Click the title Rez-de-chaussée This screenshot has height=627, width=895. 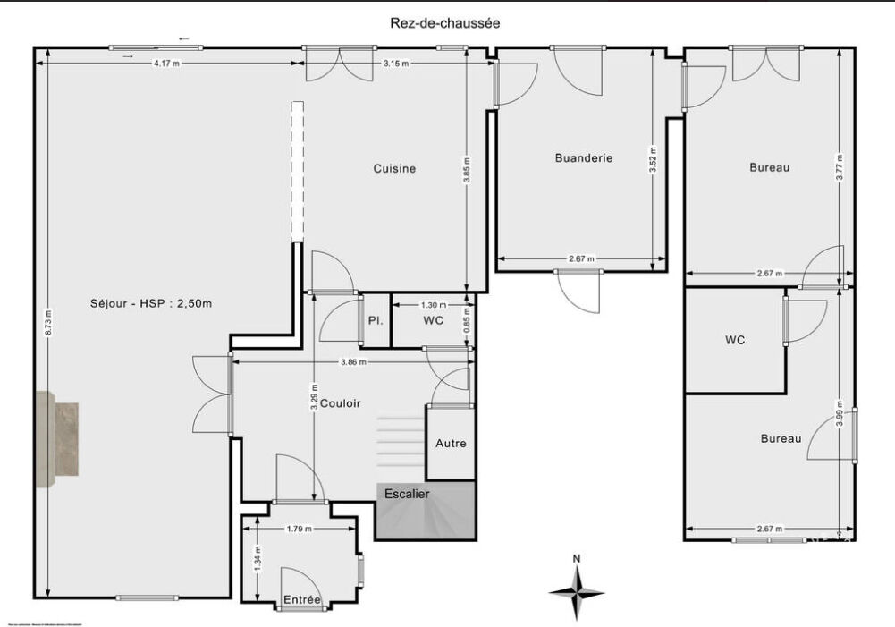[444, 24]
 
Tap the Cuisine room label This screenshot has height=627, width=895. [394, 168]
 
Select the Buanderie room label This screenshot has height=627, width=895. [584, 157]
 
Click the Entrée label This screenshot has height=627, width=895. [302, 599]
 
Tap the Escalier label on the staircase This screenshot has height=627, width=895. [407, 494]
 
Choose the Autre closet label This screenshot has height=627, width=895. [451, 443]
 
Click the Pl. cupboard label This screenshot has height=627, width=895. [375, 319]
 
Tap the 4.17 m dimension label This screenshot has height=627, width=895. [166, 64]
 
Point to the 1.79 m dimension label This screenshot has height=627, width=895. [299, 529]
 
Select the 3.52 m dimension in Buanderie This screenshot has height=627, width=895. [654, 158]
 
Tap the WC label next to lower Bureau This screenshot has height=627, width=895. [735, 340]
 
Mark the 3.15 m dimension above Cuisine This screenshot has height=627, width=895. [396, 64]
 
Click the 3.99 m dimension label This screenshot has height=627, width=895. [839, 418]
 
